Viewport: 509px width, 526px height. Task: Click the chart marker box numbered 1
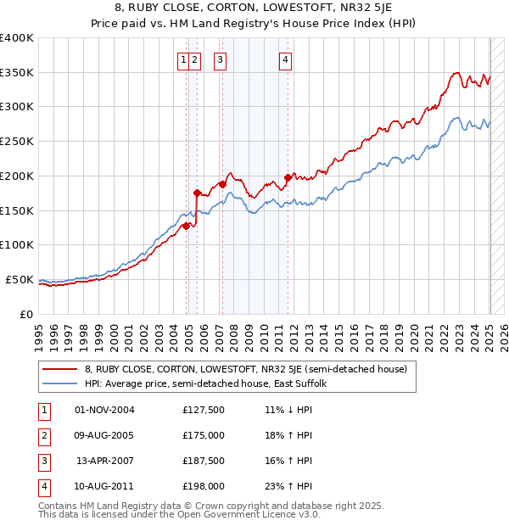[x=183, y=59]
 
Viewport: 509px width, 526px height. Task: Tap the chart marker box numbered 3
[x=220, y=59]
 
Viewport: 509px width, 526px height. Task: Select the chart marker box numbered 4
[x=286, y=59]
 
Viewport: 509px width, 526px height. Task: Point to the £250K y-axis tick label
[x=17, y=141]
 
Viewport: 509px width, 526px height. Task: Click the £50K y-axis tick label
[x=20, y=279]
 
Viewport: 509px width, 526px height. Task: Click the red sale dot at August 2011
[x=288, y=177]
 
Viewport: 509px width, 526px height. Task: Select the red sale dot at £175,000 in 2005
[x=198, y=193]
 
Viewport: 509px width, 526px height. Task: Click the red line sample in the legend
[x=59, y=370]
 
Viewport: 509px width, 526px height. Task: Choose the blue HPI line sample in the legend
[x=59, y=383]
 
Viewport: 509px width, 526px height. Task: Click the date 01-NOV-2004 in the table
[x=105, y=410]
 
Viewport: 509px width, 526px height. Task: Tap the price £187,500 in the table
[x=203, y=462]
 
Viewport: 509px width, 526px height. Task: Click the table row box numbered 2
[x=42, y=436]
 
